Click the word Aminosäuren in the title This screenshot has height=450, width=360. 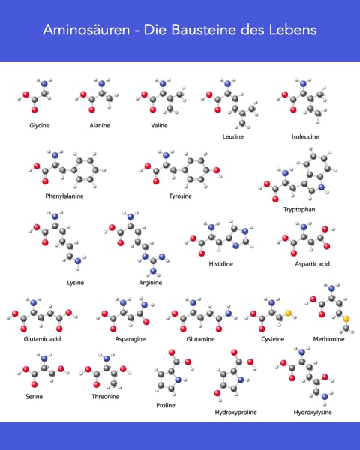[x=86, y=30]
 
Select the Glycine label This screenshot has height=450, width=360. [x=40, y=126]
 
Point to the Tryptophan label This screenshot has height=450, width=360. [x=299, y=210]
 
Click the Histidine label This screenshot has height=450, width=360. [x=220, y=264]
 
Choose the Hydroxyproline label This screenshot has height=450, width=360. [x=236, y=412]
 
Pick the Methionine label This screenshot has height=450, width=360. [x=328, y=339]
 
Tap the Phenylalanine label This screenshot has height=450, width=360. [x=64, y=196]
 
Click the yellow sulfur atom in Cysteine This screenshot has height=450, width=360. [x=288, y=313]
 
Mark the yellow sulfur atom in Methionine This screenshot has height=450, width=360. [x=346, y=319]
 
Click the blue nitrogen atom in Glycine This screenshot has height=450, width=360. [x=44, y=84]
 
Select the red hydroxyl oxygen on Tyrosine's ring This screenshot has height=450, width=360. [x=217, y=170]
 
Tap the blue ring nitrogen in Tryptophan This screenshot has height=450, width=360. [x=321, y=187]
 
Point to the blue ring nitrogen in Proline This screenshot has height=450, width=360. [x=178, y=379]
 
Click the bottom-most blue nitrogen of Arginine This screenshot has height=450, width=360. [x=153, y=271]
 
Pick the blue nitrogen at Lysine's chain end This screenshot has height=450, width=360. [x=77, y=261]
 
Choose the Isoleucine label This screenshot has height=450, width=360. [x=305, y=137]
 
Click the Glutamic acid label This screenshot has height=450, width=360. [x=42, y=339]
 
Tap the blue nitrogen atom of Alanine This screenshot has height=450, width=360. [x=102, y=84]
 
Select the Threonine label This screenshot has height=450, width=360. [x=105, y=397]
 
